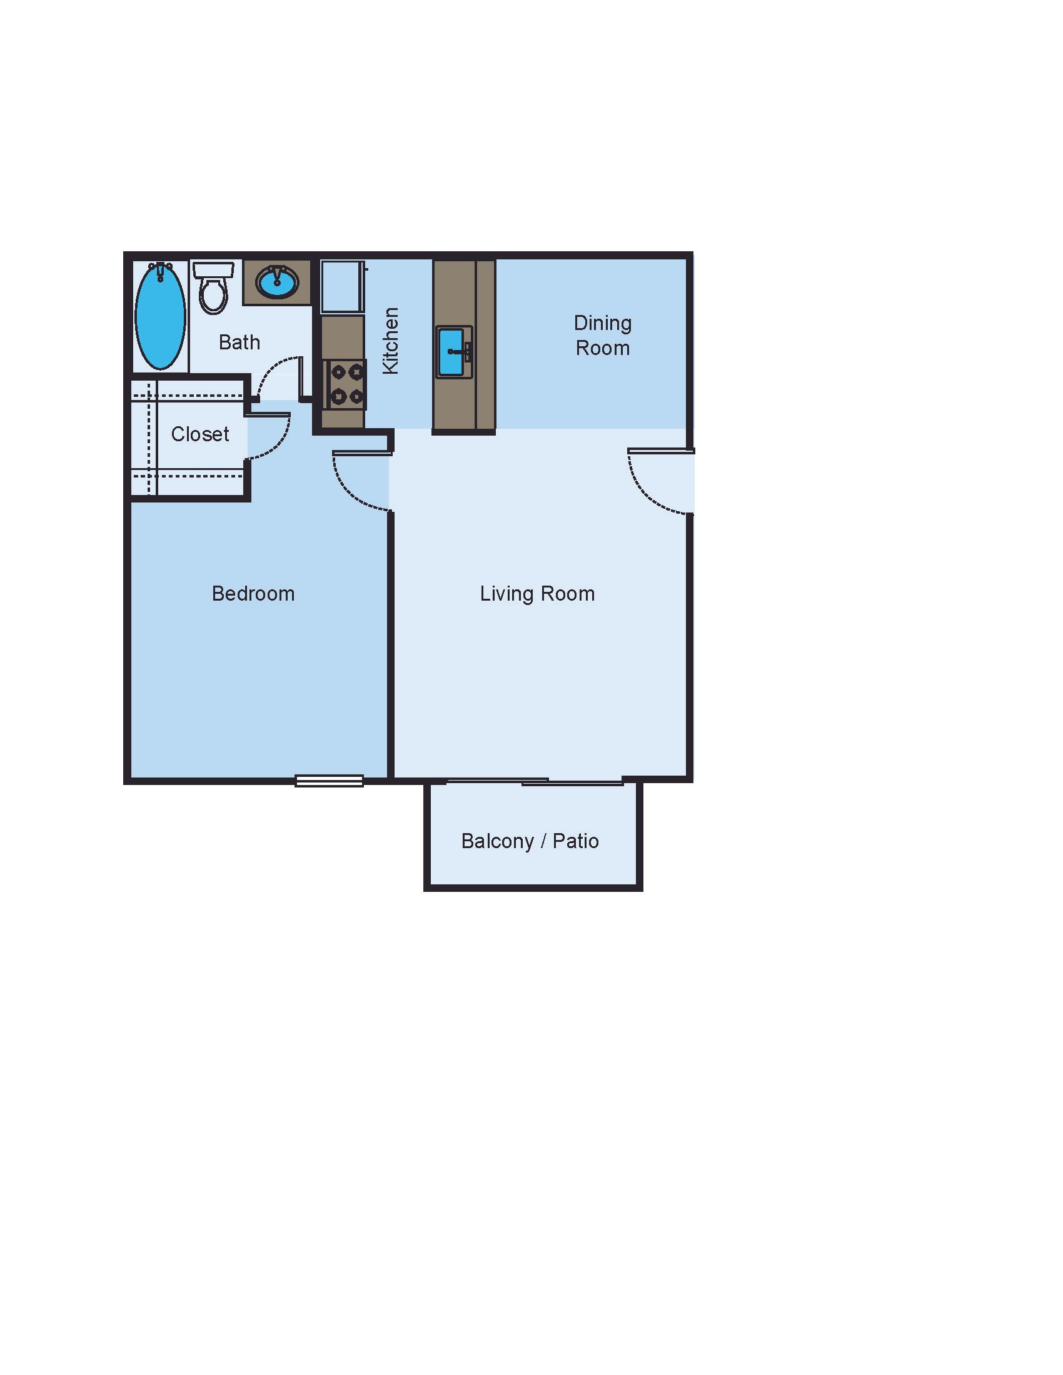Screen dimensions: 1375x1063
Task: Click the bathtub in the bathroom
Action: [x=161, y=316]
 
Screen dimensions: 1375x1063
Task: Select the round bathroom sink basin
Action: [x=277, y=282]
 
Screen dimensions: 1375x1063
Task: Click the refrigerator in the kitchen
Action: [x=341, y=286]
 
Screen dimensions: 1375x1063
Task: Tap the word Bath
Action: [x=239, y=342]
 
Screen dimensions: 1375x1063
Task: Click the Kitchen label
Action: [x=391, y=341]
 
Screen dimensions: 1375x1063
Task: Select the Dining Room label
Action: [x=603, y=336]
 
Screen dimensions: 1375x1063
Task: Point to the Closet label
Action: [x=200, y=434]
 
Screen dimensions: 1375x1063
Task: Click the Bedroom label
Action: [x=253, y=594]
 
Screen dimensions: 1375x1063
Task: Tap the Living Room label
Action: [x=537, y=594]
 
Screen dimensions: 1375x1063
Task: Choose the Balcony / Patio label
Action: [x=530, y=841]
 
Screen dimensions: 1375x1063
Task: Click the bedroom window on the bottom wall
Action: [x=330, y=781]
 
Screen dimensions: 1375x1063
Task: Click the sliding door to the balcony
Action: [x=535, y=782]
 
